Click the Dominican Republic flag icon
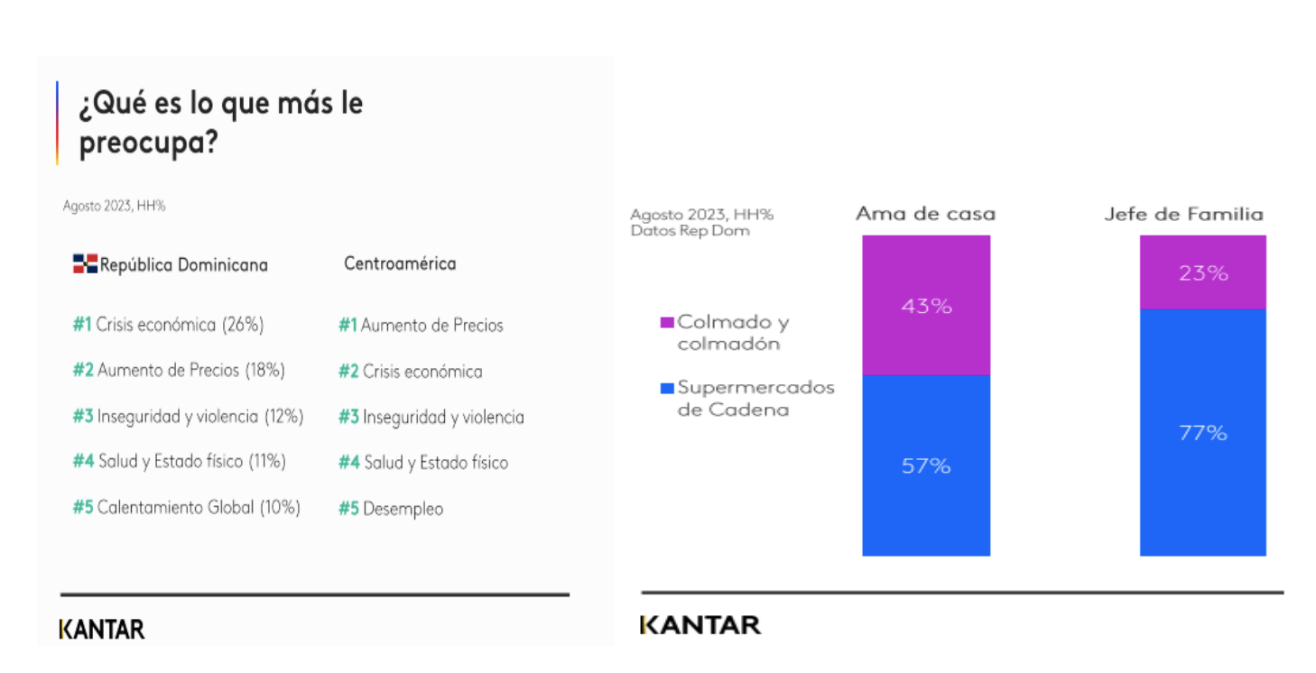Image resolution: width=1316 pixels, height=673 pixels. tap(85, 264)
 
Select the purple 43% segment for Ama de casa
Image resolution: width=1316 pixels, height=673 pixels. tap(926, 305)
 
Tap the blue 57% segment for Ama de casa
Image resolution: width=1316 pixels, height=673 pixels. tap(926, 466)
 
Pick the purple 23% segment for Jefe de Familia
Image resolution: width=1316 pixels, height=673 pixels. tap(1202, 272)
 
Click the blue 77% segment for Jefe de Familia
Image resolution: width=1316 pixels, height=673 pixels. tap(1202, 432)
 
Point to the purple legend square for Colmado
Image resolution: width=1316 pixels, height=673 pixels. tap(667, 322)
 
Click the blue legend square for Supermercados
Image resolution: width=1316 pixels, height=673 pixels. tap(667, 388)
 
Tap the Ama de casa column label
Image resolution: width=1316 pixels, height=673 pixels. tap(925, 214)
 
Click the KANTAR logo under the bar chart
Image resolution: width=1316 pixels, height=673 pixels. tap(700, 624)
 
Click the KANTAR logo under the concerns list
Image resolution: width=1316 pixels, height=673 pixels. tap(102, 629)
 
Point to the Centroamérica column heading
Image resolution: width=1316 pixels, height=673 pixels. tap(400, 263)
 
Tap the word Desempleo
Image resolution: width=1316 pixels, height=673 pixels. tap(403, 509)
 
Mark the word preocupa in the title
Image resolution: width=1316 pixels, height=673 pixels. tap(148, 143)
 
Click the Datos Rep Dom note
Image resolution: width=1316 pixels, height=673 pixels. tap(690, 231)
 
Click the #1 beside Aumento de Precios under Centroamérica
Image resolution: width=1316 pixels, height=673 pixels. tap(348, 325)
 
